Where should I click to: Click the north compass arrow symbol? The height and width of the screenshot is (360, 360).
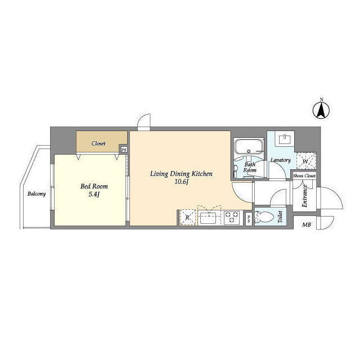point(321,110)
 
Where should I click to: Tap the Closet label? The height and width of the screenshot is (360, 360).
point(98,143)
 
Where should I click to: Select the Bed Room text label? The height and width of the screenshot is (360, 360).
point(94,186)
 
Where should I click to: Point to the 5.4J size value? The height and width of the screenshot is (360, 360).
point(94,195)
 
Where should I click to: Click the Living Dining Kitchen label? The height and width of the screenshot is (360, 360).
point(181,174)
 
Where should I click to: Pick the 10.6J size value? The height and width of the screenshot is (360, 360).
point(181,182)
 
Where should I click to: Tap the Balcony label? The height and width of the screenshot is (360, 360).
point(37,193)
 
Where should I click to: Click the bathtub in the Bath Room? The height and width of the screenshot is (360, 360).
point(249,146)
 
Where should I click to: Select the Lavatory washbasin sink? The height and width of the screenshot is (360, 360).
point(285,139)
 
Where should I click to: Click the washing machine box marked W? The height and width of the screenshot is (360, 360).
point(306,161)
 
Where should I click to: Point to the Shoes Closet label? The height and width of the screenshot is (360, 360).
point(304,176)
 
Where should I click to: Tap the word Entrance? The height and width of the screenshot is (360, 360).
point(304,196)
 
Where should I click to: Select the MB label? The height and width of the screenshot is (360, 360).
point(307,225)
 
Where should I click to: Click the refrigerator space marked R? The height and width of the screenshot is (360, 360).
point(188,217)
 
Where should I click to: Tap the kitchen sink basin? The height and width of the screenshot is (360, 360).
point(208,218)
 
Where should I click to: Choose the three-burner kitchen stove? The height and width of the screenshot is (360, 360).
point(232,218)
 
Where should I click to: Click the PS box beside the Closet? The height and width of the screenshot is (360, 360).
point(124,150)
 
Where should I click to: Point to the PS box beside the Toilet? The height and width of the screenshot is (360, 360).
point(249,219)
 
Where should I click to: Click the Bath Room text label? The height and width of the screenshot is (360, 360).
point(250,168)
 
